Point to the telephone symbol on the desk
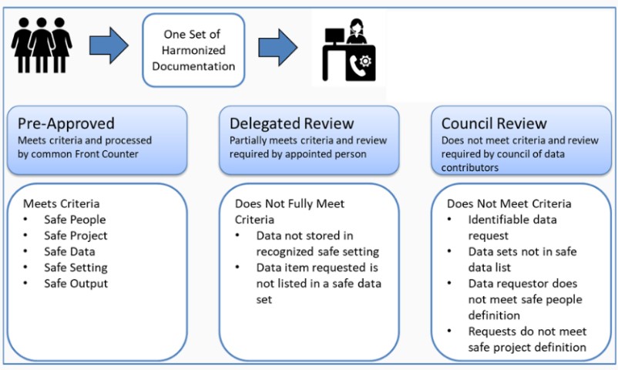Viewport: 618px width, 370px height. pos(358,67)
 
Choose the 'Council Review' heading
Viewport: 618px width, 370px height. pos(494,123)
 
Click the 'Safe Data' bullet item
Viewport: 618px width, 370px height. pos(72,251)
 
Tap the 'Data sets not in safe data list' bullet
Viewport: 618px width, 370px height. pos(522,259)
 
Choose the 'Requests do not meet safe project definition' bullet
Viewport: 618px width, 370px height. pos(527,339)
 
